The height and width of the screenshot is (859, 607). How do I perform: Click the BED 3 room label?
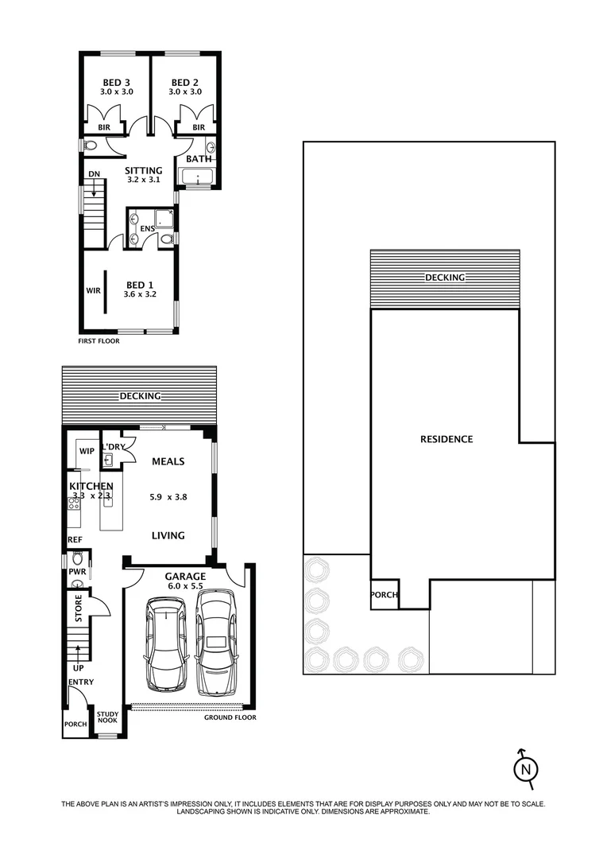coord(116,83)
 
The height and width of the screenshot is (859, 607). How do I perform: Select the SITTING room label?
coord(144,170)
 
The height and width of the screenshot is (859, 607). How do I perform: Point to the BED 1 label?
coord(141,285)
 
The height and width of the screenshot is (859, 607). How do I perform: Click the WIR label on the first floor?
coord(92,291)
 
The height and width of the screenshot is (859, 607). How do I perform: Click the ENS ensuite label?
coord(147,229)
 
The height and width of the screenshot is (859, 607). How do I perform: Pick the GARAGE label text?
coord(185,577)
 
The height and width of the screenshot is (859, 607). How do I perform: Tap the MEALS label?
coord(168,461)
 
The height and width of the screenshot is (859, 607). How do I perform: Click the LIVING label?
coord(168,535)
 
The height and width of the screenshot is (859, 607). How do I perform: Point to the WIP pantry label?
coord(86,452)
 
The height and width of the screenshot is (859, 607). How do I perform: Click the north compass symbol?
coord(524,768)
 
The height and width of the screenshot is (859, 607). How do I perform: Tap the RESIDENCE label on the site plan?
coord(447,439)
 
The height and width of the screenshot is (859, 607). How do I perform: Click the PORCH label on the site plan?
coord(385,595)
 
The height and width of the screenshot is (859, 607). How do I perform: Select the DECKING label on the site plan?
coord(445,277)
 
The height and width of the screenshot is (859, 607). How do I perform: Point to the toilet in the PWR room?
coord(77,558)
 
